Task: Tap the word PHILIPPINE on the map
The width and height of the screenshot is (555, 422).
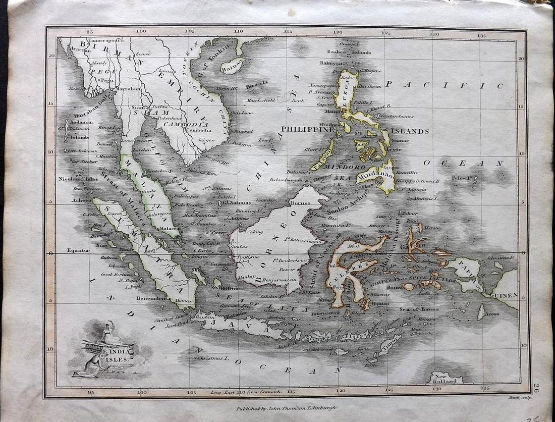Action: (x=305, y=130)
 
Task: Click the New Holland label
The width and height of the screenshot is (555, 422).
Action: (x=445, y=379)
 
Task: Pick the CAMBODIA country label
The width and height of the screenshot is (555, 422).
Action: (x=189, y=124)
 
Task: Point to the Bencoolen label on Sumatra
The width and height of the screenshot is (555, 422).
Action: (x=151, y=298)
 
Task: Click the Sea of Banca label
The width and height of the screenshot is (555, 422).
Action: (x=419, y=309)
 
